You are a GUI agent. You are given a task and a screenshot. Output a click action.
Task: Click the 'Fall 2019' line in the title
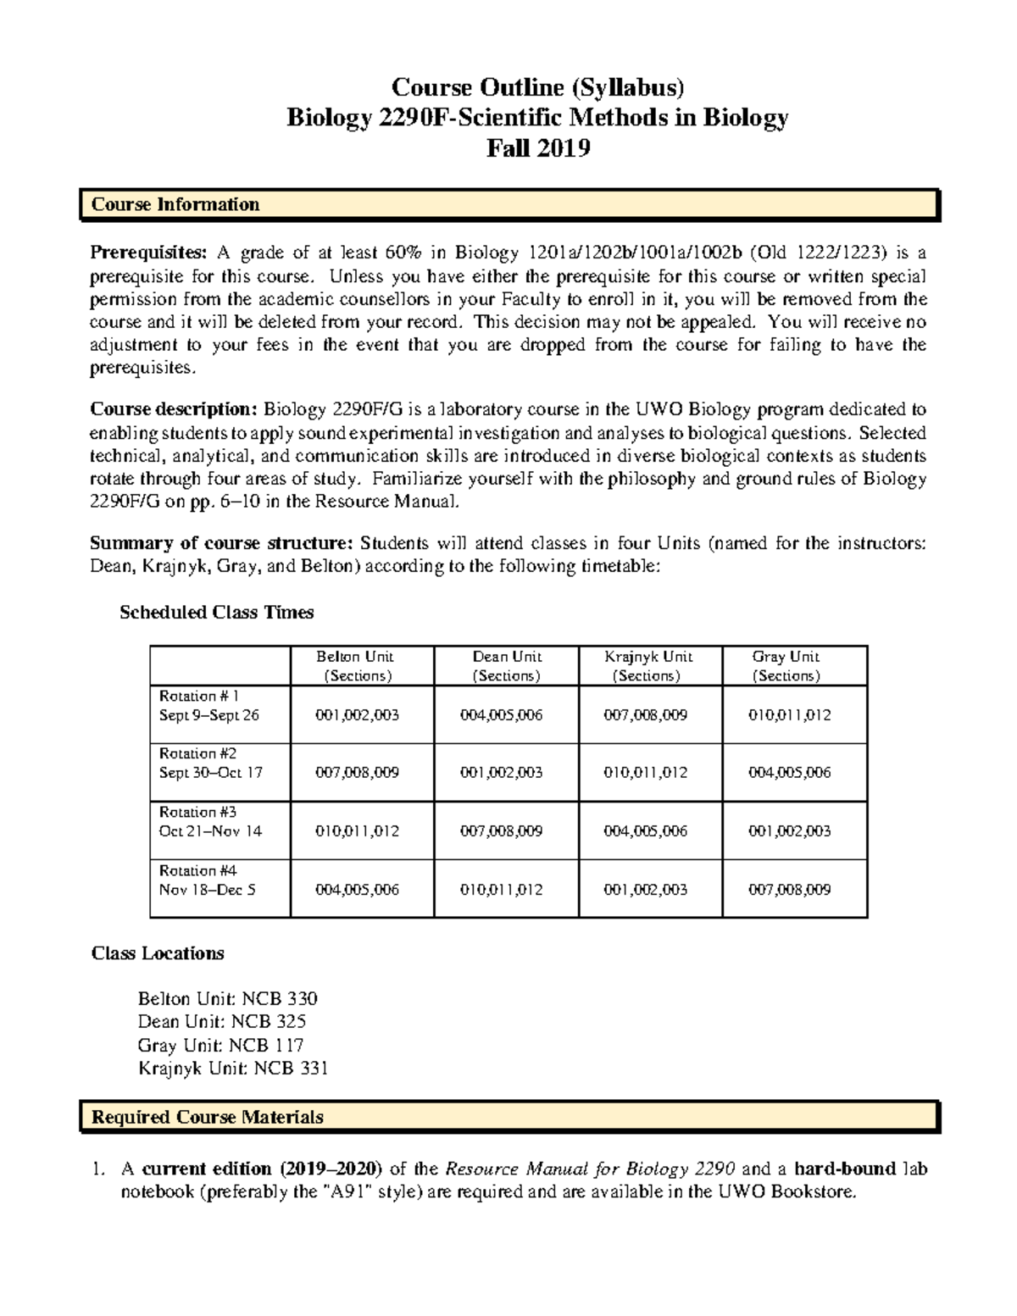[537, 148]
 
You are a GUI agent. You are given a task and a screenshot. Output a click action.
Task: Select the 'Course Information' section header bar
[509, 205]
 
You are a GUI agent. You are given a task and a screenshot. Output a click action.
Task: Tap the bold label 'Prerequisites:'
[148, 253]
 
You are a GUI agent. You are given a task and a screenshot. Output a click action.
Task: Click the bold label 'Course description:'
[174, 410]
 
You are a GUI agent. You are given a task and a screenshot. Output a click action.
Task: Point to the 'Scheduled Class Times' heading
[217, 613]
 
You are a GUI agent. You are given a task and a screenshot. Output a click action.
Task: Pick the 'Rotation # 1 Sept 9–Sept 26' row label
[208, 706]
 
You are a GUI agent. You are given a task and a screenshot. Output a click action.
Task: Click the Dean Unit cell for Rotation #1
[506, 715]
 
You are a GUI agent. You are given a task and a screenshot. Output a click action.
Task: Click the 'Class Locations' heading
[158, 953]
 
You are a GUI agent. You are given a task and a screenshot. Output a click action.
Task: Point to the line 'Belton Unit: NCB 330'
[227, 999]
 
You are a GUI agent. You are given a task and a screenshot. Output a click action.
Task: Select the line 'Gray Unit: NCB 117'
[220, 1046]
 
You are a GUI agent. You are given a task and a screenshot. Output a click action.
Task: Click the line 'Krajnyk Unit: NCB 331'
[232, 1069]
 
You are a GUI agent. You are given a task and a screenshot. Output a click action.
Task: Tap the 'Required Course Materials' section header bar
[509, 1117]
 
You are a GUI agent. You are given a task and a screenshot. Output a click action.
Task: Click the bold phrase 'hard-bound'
[845, 1169]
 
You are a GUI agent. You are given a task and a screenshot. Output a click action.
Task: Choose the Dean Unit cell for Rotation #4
[506, 890]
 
